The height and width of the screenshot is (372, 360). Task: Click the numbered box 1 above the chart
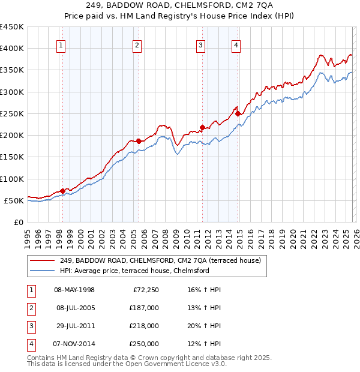coord(62,45)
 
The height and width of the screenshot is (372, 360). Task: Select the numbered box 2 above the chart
coord(137,45)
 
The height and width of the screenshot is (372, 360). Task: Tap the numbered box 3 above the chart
coord(201,45)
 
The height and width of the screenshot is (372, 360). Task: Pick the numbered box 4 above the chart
coord(236,45)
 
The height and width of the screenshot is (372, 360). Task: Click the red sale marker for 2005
coord(139,141)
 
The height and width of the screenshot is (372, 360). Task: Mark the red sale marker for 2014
coord(238,113)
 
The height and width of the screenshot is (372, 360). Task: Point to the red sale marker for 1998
coord(62,191)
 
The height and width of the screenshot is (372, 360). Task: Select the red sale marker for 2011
coord(203,127)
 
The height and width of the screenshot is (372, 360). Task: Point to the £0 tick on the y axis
coord(19,222)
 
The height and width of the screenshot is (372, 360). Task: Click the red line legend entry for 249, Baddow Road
coord(160,261)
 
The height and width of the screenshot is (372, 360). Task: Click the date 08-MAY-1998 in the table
coord(74,290)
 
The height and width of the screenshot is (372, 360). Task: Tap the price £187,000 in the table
coord(144,308)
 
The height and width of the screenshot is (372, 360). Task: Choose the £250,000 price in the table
coord(144,344)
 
